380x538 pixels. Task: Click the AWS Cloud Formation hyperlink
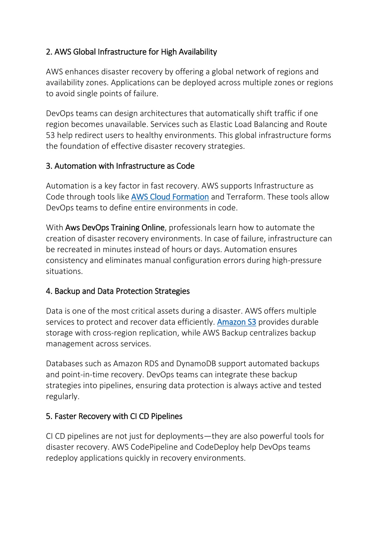click(x=170, y=197)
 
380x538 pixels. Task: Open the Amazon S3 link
click(x=236, y=322)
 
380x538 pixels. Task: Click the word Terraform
click(x=244, y=197)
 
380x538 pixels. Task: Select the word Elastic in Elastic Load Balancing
click(x=221, y=125)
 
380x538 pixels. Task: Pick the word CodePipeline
click(x=156, y=447)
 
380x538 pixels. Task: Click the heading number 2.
click(x=49, y=52)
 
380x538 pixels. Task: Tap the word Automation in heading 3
click(x=75, y=166)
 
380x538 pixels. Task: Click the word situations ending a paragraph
click(x=64, y=271)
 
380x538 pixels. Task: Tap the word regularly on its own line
click(x=62, y=397)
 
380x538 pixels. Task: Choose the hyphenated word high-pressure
click(x=296, y=261)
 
